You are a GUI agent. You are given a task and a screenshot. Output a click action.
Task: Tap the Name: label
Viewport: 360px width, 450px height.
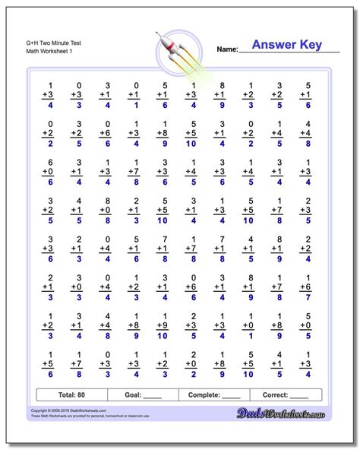(x=227, y=49)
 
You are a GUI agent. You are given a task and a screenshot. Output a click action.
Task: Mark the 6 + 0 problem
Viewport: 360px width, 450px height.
(x=50, y=171)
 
